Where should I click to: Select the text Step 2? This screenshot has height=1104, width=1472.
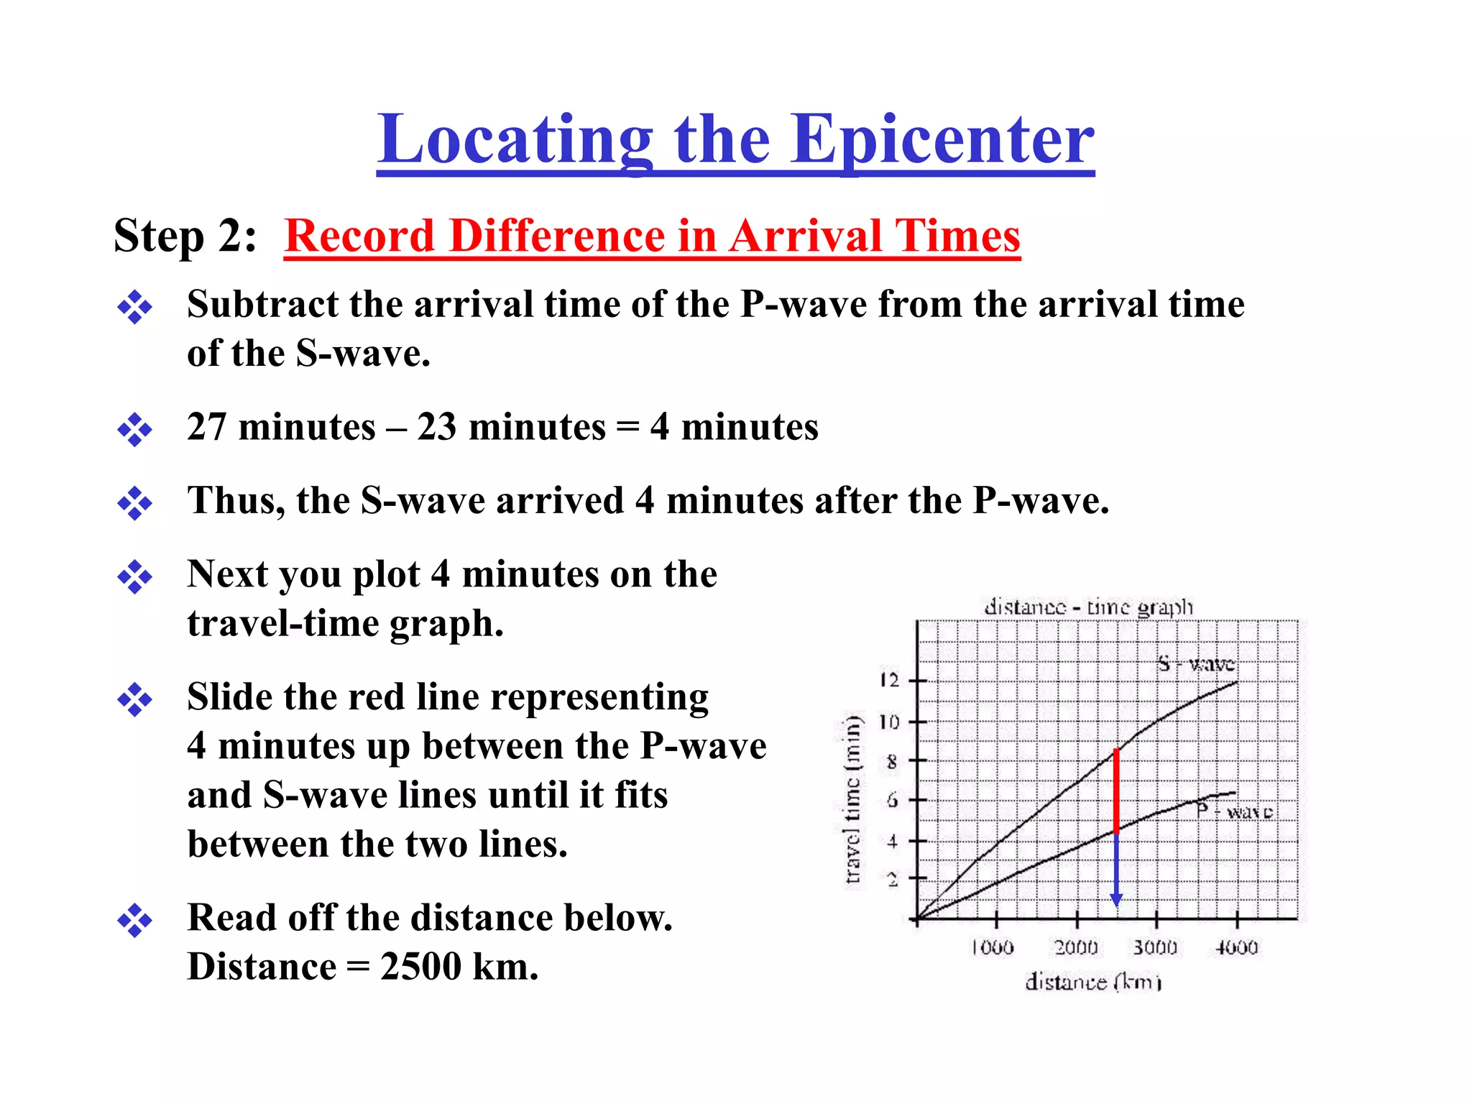click(x=185, y=236)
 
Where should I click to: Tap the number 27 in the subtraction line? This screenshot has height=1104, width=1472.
click(x=206, y=427)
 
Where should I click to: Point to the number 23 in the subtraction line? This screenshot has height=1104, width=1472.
click(x=436, y=427)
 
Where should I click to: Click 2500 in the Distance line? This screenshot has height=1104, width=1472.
click(x=420, y=967)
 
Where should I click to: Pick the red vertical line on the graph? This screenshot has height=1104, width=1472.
click(x=1116, y=791)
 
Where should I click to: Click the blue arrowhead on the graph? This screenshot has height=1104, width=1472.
click(x=1116, y=900)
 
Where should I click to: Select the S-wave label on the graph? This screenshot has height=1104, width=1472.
click(x=1196, y=663)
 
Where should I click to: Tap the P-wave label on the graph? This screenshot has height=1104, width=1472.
click(x=1234, y=811)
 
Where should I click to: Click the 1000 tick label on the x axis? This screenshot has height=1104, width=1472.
click(x=993, y=947)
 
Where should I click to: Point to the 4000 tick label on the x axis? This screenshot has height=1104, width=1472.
click(x=1236, y=947)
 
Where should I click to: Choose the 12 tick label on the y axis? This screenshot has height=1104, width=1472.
click(x=890, y=680)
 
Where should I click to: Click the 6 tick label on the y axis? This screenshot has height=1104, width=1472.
click(x=892, y=800)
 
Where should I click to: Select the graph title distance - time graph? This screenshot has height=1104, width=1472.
click(x=1088, y=607)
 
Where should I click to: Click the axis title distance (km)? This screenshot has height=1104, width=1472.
click(x=1092, y=982)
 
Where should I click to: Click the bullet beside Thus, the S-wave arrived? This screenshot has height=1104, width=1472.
click(x=135, y=502)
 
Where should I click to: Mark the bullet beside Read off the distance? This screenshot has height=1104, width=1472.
click(x=135, y=920)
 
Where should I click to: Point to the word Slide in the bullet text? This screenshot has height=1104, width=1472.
click(x=230, y=697)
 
